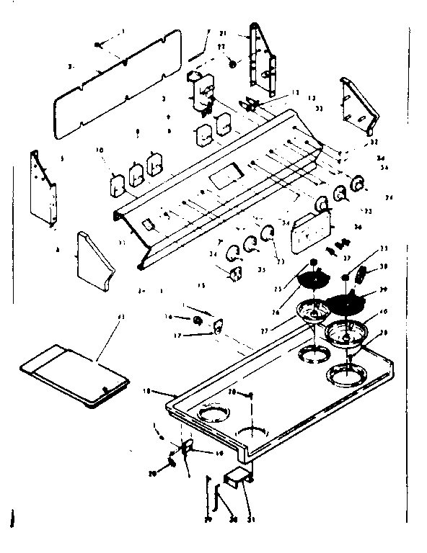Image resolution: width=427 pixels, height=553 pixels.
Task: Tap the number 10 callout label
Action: click(100, 150)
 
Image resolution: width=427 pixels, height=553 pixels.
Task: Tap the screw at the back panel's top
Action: click(97, 45)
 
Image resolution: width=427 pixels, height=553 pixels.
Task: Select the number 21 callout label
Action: click(223, 33)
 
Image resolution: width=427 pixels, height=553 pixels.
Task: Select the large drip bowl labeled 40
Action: click(347, 333)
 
